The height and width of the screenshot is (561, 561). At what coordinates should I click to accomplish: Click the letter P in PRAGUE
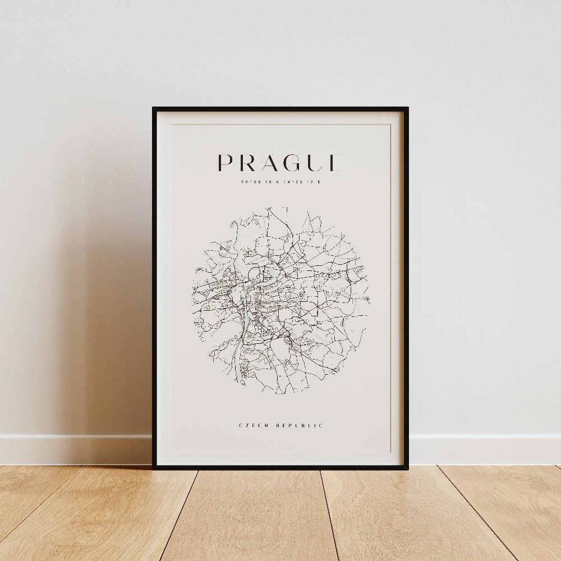coord(225,163)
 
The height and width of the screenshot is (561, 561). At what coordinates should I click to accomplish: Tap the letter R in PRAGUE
coord(249,163)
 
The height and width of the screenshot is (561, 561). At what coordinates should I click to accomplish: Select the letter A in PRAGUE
coord(272,163)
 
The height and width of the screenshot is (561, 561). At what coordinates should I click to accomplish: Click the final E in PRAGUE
coord(336,163)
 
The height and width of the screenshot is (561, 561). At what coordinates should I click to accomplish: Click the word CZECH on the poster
coord(251,426)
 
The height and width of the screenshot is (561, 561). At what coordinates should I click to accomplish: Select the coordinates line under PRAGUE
coord(280,182)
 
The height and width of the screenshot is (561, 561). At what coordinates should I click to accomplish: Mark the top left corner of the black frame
coord(154,108)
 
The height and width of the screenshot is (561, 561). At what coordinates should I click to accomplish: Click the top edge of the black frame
coord(280,109)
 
